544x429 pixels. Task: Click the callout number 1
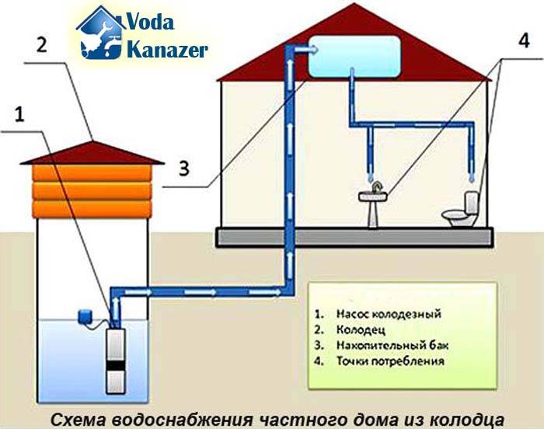(19, 116)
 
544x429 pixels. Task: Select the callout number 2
(43, 44)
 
